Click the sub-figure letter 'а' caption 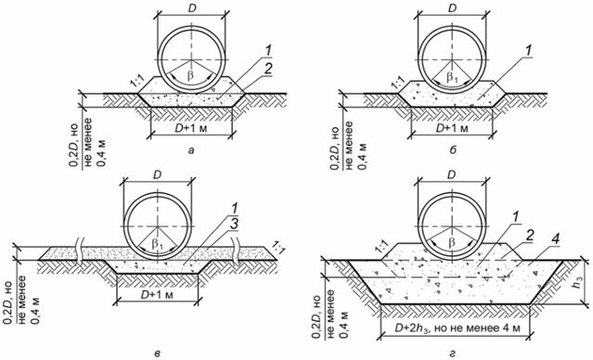(x=191, y=151)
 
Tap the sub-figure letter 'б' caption (x=453, y=151)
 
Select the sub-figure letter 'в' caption (x=158, y=354)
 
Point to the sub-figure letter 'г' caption (x=452, y=354)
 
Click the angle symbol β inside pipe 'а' (x=191, y=75)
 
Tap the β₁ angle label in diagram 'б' (x=452, y=78)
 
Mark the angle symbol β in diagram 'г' (x=452, y=243)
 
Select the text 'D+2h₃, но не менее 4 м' (x=455, y=328)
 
